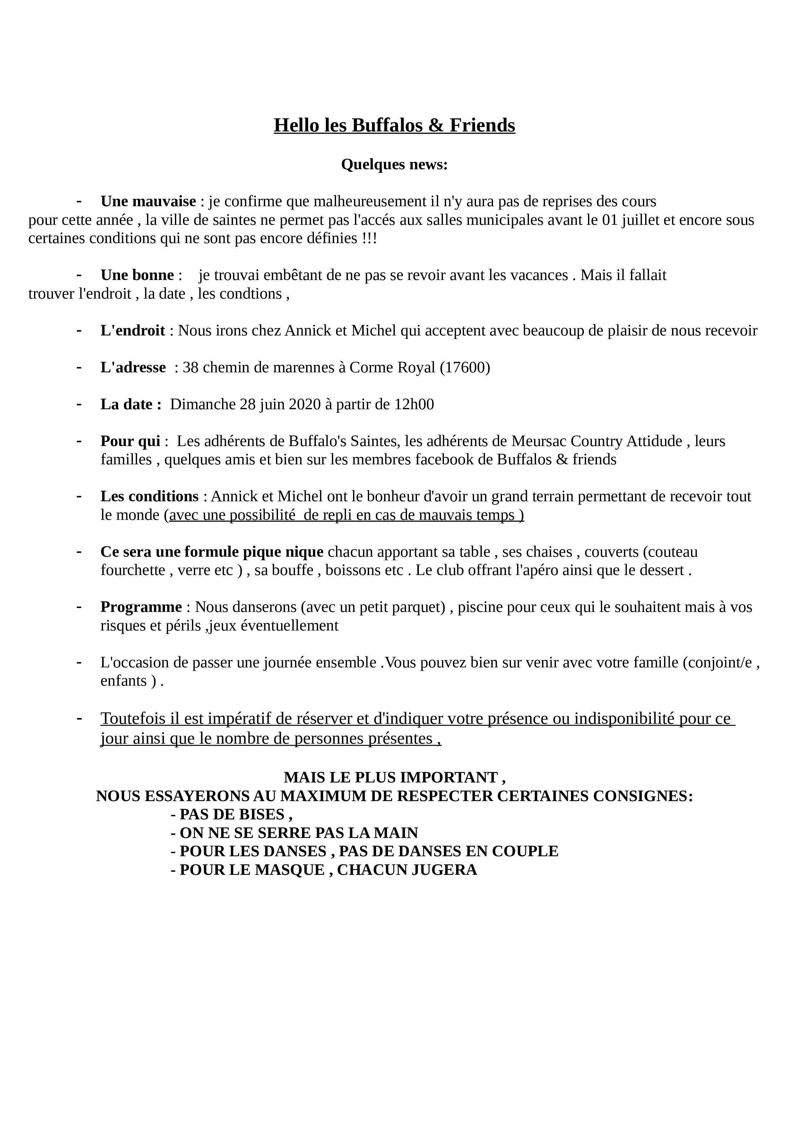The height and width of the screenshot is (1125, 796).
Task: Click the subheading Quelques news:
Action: tap(394, 165)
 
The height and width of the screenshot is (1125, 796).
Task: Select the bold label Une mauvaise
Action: tap(148, 201)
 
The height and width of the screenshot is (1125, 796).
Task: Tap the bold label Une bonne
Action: tap(137, 275)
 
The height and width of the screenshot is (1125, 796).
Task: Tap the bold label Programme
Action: tap(141, 607)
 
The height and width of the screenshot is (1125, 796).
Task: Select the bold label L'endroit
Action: tap(133, 331)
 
